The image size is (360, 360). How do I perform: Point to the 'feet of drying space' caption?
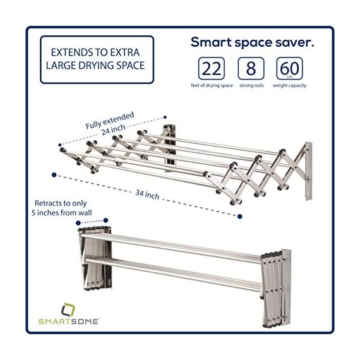(212, 86)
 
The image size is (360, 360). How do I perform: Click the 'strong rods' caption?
(251, 86)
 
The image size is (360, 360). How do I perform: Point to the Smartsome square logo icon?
(66, 309)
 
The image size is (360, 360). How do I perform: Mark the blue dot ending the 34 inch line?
(240, 217)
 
